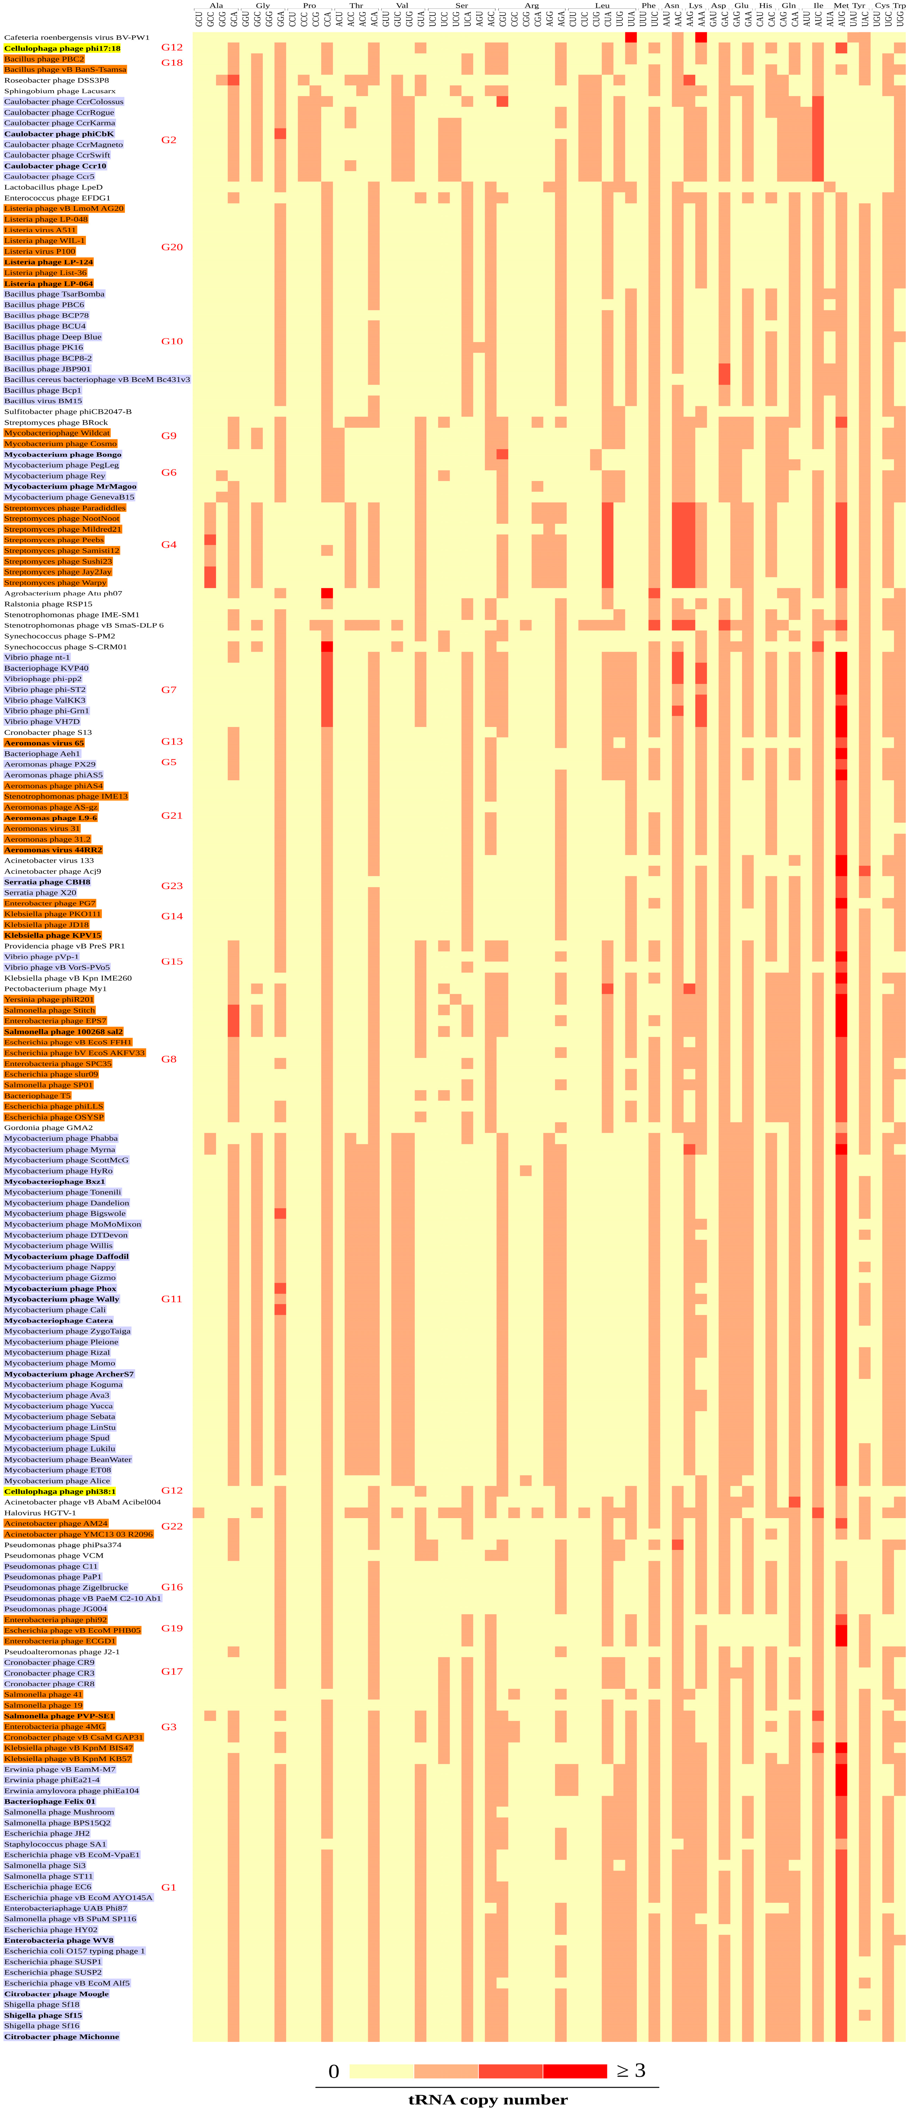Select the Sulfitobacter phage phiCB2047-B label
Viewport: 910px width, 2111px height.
[x=67, y=411]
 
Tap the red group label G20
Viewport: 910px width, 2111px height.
[x=171, y=247]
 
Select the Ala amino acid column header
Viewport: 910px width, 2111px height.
[x=216, y=6]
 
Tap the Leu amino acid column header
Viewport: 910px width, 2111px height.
[x=602, y=6]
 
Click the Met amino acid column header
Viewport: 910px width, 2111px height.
[x=841, y=6]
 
